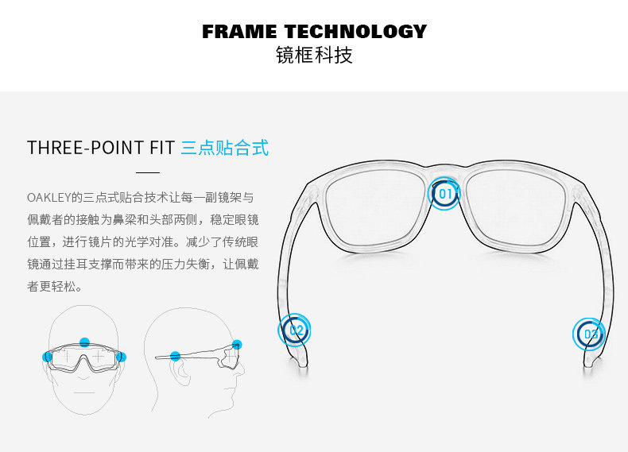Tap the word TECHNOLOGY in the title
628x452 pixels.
tap(356, 32)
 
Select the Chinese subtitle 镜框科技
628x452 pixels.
tap(314, 56)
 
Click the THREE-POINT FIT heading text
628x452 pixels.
tap(101, 148)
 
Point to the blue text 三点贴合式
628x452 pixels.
tap(225, 148)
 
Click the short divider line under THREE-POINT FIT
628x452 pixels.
tap(148, 172)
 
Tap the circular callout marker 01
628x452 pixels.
tap(444, 193)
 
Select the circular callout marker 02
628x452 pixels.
tap(295, 330)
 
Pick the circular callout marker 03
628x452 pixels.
tap(589, 334)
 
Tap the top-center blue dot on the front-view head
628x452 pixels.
tap(85, 342)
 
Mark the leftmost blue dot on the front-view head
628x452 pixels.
tap(47, 357)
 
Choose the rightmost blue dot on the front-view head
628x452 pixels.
tap(121, 357)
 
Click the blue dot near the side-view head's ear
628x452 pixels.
tap(175, 357)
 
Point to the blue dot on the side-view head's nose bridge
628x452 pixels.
tap(237, 344)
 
